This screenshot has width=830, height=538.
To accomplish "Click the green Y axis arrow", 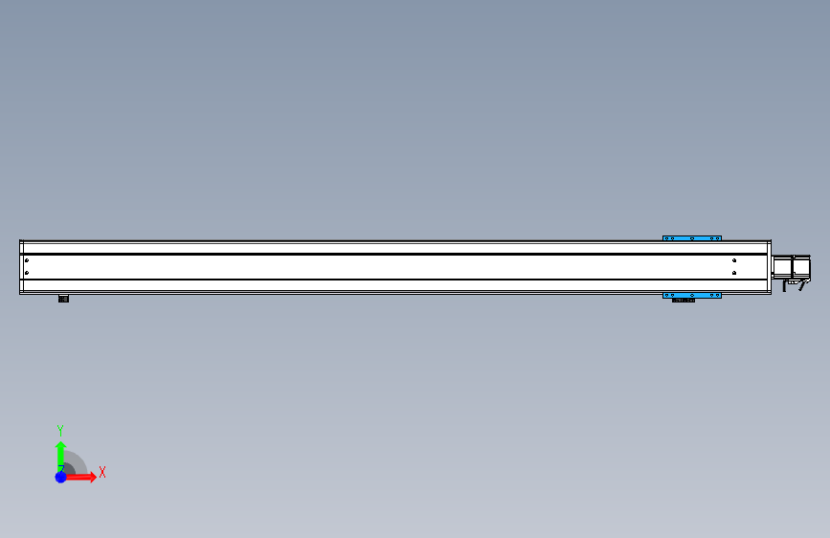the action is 60,452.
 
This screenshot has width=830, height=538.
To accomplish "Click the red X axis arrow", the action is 84,477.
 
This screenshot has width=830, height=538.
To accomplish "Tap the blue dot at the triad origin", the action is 60,477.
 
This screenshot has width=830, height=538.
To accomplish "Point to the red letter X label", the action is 101,472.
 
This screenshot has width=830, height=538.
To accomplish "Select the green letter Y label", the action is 59,431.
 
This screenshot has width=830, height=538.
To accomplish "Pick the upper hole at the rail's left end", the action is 27,260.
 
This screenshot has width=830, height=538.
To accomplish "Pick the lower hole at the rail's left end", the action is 27,273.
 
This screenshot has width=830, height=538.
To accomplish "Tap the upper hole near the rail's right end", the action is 733,260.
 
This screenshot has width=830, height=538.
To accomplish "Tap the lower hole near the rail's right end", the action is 733,273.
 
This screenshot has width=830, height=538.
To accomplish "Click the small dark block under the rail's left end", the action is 63,299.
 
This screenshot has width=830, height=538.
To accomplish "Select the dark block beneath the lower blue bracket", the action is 684,301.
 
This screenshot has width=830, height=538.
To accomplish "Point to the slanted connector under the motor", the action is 791,285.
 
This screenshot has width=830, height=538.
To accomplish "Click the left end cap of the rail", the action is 20,267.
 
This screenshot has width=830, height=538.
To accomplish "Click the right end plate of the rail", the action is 770,267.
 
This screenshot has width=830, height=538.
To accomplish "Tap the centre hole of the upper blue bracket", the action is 692,238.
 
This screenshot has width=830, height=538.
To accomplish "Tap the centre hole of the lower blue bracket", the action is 692,295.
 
